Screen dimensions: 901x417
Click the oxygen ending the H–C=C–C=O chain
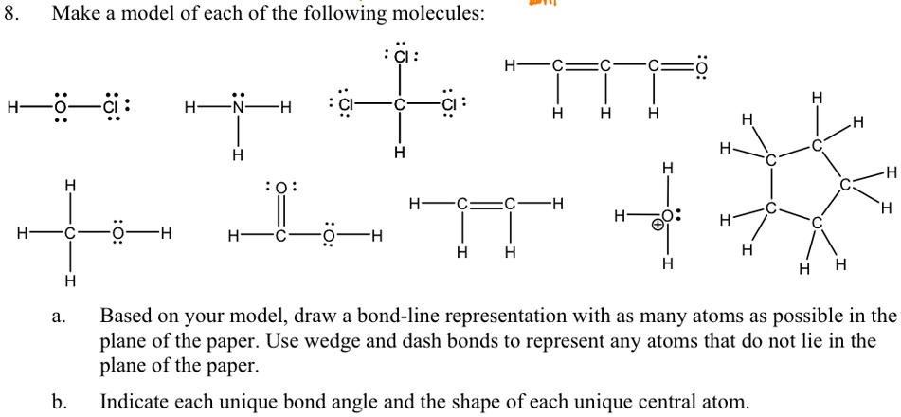coord(701,67)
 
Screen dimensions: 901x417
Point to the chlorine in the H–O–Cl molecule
coord(112,107)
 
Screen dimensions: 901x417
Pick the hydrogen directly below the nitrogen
coord(238,154)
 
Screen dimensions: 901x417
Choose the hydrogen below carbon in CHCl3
coord(401,153)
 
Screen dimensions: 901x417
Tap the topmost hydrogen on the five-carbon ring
coord(817,99)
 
